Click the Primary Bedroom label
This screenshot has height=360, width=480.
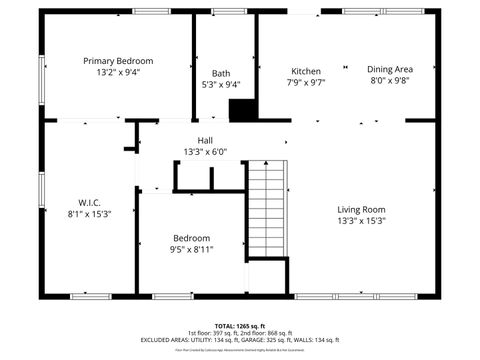click(118, 61)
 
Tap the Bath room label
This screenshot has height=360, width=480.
click(221, 73)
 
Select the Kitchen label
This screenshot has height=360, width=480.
click(306, 71)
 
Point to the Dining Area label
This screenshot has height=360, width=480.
click(390, 69)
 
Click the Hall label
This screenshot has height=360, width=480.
click(205, 141)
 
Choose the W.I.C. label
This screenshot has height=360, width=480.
click(89, 201)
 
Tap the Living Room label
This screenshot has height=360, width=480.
click(361, 208)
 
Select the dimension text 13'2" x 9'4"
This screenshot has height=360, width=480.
click(118, 73)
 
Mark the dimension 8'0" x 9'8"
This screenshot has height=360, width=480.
click(390, 80)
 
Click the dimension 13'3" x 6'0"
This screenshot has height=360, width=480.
click(205, 152)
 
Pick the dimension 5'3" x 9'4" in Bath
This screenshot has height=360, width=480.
click(221, 85)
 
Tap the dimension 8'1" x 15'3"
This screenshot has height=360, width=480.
click(89, 213)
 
